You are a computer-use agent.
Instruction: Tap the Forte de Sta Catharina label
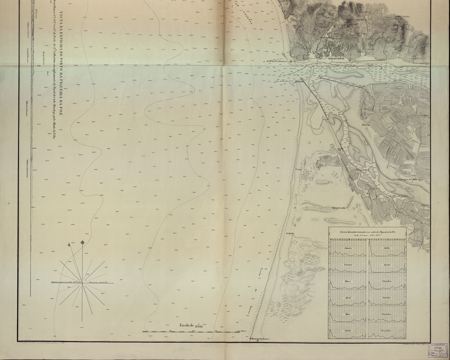click(276, 62)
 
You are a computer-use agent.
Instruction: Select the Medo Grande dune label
click(339, 207)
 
